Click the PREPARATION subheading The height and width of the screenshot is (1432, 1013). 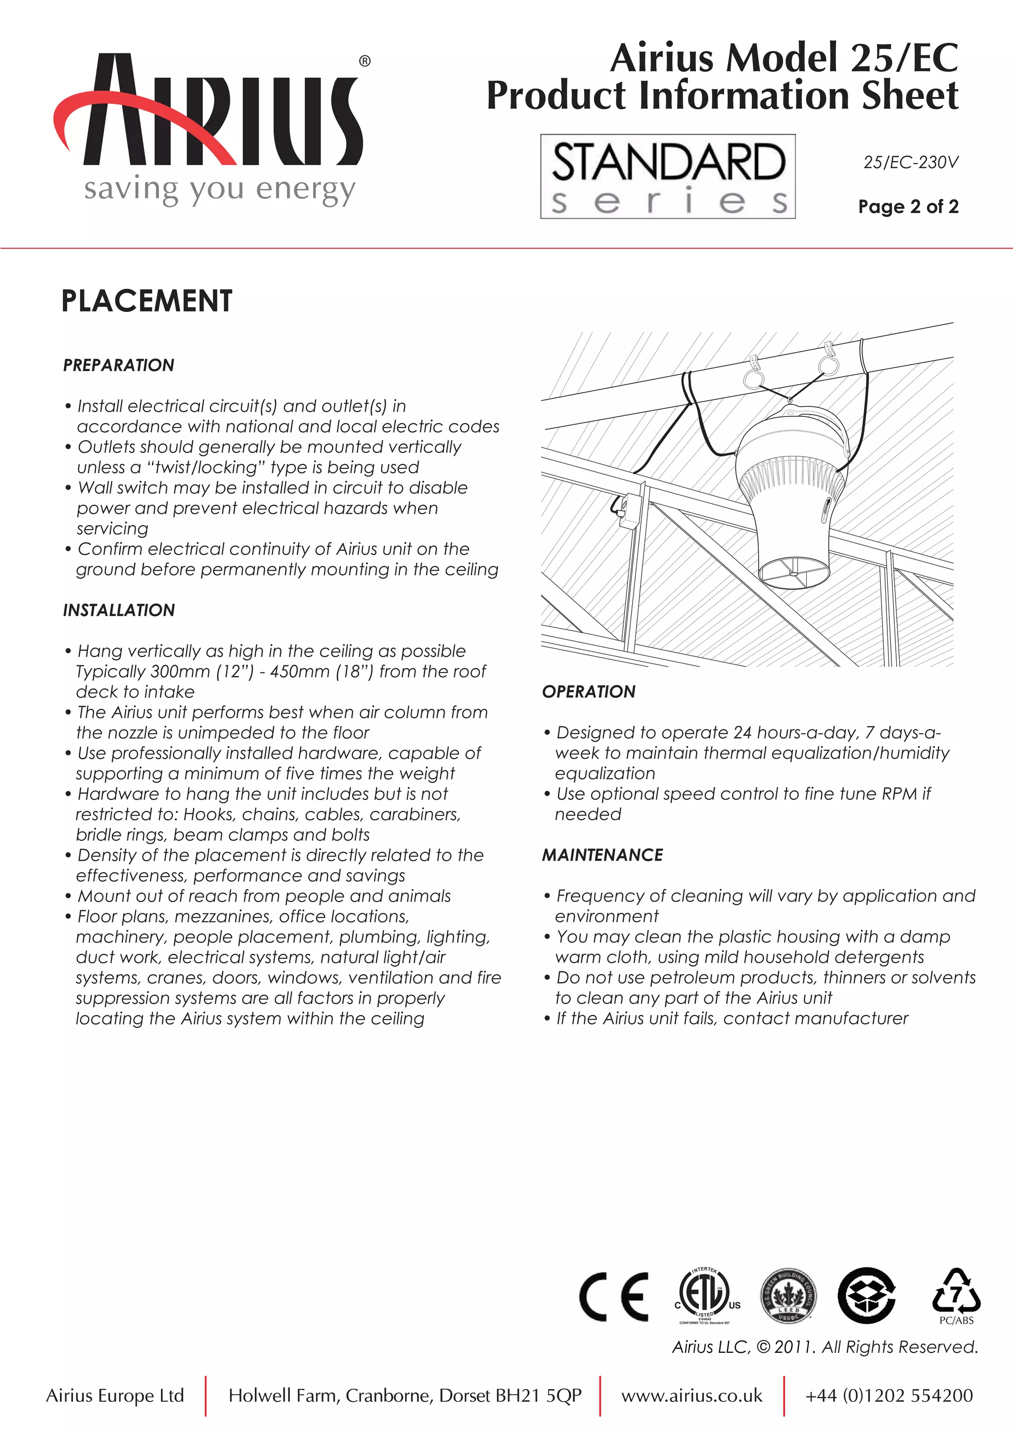coord(119,365)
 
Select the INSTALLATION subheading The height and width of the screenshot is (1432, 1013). coord(119,610)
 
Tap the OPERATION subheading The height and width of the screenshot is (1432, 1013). coord(588,691)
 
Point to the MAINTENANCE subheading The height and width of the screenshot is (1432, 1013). coord(602,854)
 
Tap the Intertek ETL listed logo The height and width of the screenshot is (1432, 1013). coord(705,1296)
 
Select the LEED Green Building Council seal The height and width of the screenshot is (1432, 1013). coord(788,1296)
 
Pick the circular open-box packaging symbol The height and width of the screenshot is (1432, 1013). coord(867,1296)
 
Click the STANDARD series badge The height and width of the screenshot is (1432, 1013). coord(667,177)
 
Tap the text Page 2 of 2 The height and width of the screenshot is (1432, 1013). coord(908,206)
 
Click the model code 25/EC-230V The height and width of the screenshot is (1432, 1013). coord(910,162)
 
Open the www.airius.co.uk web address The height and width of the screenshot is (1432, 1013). coord(691,1395)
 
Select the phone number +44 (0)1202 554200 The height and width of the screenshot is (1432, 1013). coord(888,1395)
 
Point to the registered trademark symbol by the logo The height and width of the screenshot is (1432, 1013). coord(365,61)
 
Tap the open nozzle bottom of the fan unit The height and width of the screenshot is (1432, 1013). coord(793,569)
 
